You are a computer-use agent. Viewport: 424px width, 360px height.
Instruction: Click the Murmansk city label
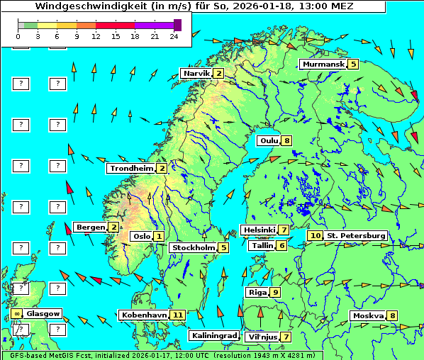click(323, 64)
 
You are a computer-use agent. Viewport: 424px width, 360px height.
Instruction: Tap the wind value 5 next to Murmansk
click(353, 64)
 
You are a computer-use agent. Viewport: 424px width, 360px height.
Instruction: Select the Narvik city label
click(196, 73)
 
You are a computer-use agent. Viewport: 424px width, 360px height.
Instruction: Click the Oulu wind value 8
click(286, 140)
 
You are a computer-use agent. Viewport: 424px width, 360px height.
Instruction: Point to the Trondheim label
click(130, 168)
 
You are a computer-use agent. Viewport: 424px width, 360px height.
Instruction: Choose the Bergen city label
click(90, 227)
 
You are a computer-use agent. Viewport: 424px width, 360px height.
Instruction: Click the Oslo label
click(141, 236)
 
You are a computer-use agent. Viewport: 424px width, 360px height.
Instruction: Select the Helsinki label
click(259, 230)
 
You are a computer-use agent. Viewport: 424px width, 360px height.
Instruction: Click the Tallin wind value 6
click(282, 245)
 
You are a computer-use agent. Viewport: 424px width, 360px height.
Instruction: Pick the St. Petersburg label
click(356, 235)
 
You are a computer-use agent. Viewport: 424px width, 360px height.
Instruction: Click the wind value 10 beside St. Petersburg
click(315, 235)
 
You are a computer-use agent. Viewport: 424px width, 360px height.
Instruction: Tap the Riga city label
click(255, 292)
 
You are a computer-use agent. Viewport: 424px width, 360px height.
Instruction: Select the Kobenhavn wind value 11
click(178, 315)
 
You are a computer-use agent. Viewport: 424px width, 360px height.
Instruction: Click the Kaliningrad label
click(213, 335)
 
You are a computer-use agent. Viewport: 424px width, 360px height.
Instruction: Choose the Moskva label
click(368, 315)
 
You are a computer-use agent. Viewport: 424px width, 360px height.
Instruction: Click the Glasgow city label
click(43, 313)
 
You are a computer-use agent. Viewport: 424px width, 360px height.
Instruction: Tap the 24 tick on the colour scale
click(174, 35)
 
